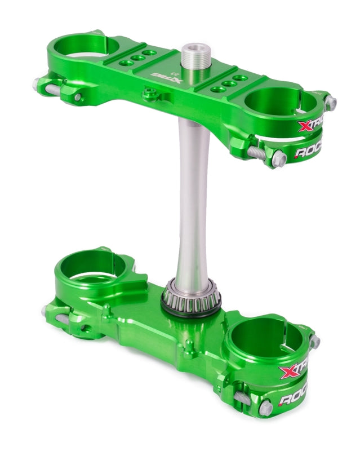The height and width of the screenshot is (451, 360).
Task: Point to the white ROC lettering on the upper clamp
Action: click(x=309, y=152)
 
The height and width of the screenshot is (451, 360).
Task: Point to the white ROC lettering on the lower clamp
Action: click(x=293, y=399)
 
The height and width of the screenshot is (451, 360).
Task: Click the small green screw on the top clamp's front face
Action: click(x=149, y=94)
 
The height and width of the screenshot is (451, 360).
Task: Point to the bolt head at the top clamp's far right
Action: click(x=331, y=103)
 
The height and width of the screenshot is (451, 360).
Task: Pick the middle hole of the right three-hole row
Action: click(x=229, y=83)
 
